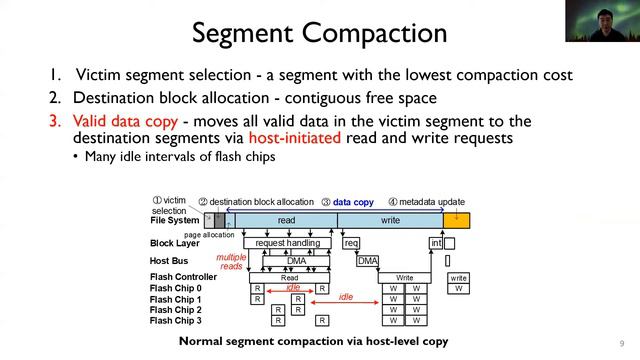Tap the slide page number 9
[621, 340]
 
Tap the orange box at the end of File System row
[456, 220]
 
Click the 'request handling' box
[288, 243]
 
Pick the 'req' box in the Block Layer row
[351, 243]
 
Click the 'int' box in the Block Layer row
[436, 243]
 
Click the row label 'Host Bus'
[168, 260]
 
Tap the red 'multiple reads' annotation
[231, 262]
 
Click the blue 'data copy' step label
[353, 202]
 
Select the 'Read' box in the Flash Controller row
[289, 278]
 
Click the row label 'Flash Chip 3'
[175, 320]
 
